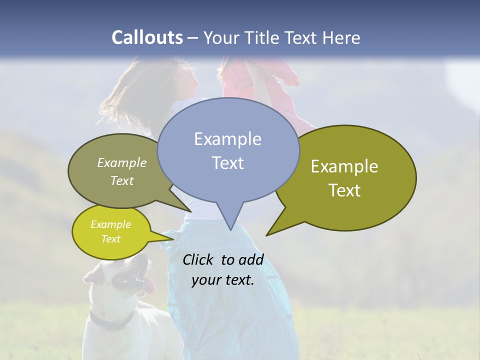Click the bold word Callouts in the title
[147, 37]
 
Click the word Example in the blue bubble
[227, 139]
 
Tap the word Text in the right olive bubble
[344, 190]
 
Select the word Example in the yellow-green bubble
[110, 224]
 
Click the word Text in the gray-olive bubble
[122, 181]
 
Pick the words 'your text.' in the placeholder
[222, 280]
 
